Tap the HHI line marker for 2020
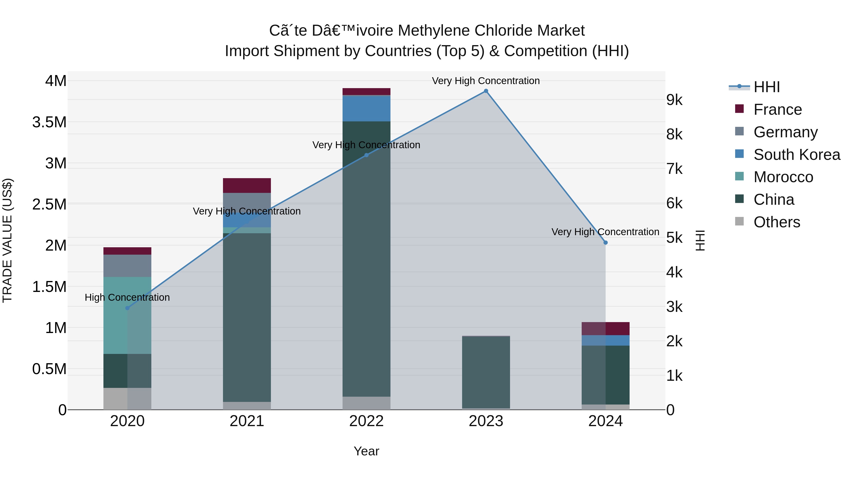click(127, 308)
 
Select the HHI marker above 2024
click(605, 243)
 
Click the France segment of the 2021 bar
click(247, 186)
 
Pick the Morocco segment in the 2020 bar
click(127, 315)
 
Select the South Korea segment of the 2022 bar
click(366, 108)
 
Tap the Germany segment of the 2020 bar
click(127, 266)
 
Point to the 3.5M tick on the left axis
click(49, 122)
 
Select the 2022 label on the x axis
click(366, 421)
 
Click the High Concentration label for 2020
click(127, 297)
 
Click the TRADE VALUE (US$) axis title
click(7, 240)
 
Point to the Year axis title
click(366, 451)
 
